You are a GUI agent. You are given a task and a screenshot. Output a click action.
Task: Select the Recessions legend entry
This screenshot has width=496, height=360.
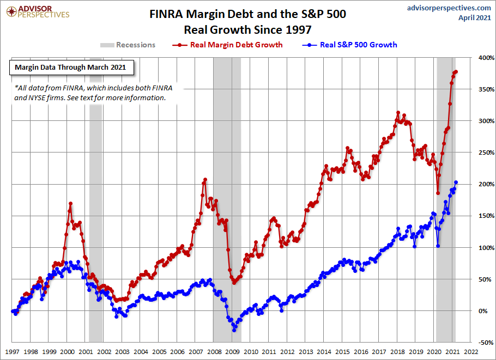pos(128,45)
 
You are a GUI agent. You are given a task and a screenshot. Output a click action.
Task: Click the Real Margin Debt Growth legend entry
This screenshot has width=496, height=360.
pos(229,45)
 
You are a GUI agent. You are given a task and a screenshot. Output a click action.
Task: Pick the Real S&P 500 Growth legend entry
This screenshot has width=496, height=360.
pos(352,45)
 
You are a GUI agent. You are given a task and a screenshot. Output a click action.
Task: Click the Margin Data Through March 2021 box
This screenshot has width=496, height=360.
pos(70,68)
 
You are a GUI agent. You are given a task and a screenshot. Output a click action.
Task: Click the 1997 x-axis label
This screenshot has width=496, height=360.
pos(13,352)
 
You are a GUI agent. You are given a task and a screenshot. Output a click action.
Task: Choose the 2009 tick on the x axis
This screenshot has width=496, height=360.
pos(233,352)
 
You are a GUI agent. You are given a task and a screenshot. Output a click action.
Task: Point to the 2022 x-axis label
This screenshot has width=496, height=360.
pos(471,352)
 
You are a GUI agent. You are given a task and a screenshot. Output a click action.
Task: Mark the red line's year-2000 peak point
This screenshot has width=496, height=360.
pos(70,204)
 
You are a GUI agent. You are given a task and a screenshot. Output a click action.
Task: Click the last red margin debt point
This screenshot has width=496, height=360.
pos(456,71)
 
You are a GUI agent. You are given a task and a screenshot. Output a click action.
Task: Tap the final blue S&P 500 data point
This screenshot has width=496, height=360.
pos(456,182)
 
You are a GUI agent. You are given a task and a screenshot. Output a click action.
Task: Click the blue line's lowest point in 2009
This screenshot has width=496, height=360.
pos(234,330)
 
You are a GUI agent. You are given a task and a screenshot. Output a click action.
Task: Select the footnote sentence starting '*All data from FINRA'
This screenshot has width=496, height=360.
pos(90,93)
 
